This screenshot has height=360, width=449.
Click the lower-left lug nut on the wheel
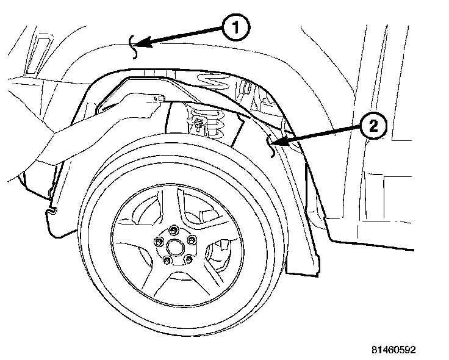click(x=167, y=261)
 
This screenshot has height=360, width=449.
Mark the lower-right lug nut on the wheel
click(x=188, y=261)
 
